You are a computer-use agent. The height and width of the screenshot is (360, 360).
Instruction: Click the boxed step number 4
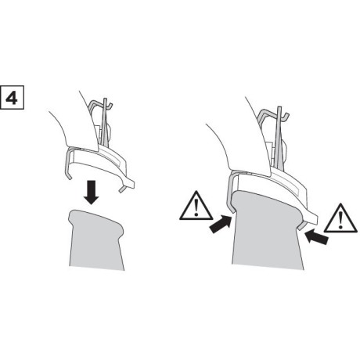point(13,99)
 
